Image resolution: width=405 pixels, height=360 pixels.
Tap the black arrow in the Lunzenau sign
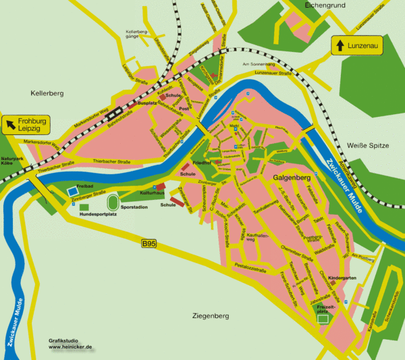click(340, 45)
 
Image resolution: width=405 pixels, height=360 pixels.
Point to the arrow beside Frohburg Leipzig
click(11, 124)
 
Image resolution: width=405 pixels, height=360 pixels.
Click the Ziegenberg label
click(211, 316)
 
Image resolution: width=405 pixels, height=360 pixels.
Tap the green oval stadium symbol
click(113, 202)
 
